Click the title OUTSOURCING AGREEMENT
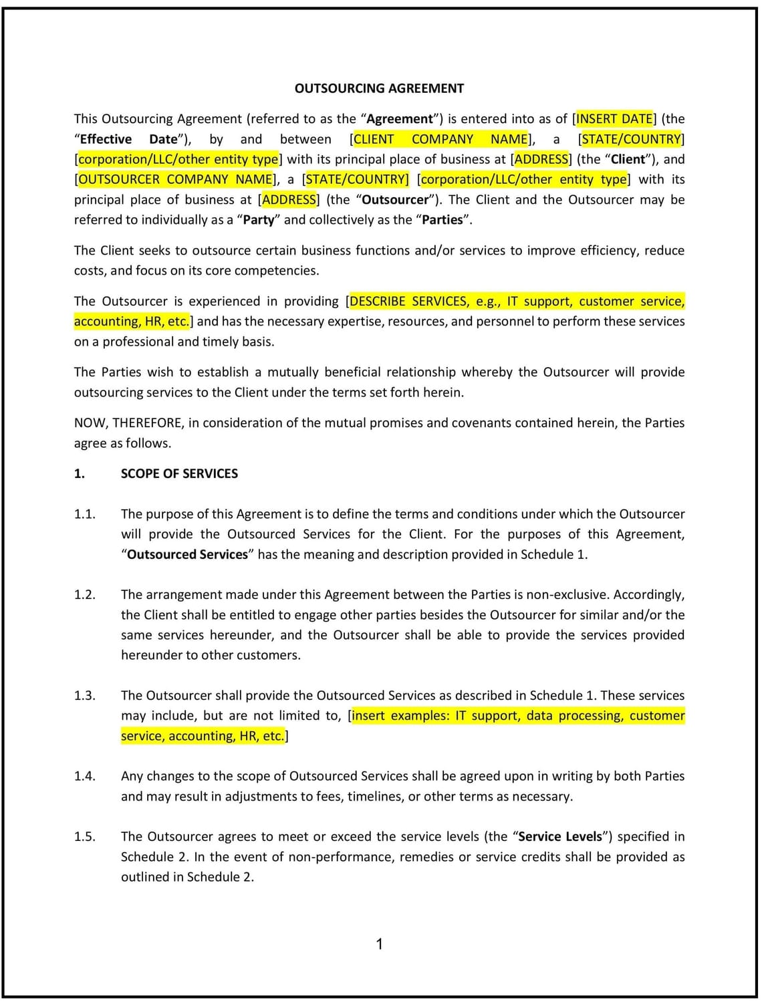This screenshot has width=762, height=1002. (379, 88)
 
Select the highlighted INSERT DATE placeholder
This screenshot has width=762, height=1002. (614, 119)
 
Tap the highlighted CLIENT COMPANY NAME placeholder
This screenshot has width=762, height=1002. (440, 139)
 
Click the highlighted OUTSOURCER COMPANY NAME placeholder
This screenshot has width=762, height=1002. (176, 179)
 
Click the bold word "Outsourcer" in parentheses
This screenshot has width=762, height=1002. (395, 200)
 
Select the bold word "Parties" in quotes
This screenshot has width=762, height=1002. (442, 220)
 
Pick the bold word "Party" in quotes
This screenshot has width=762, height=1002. (259, 220)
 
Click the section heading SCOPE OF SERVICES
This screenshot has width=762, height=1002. (179, 473)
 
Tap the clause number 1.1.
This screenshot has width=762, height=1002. (85, 514)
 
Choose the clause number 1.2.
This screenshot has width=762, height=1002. (85, 595)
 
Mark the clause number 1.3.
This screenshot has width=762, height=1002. (85, 695)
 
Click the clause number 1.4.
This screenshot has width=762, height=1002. (85, 776)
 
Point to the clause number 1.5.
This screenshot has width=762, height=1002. (85, 836)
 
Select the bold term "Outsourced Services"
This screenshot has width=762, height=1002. (187, 554)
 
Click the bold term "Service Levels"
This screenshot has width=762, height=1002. (560, 836)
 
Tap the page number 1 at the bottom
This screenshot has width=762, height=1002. (380, 944)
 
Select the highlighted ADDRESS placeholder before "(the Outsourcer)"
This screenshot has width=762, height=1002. (289, 200)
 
